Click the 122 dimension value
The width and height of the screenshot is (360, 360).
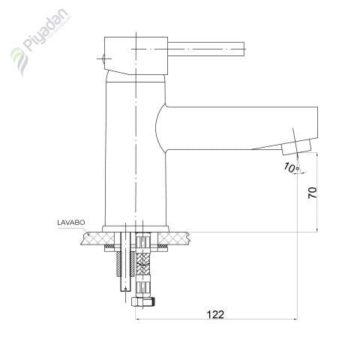(215, 314)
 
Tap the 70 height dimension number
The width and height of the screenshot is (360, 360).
(313, 193)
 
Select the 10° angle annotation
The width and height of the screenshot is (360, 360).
(291, 167)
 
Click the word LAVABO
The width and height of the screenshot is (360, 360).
(71, 222)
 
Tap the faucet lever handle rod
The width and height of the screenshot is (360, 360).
(205, 49)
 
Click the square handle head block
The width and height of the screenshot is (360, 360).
(136, 55)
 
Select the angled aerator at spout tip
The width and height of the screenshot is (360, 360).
(297, 148)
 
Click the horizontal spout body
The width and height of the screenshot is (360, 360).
(238, 128)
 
